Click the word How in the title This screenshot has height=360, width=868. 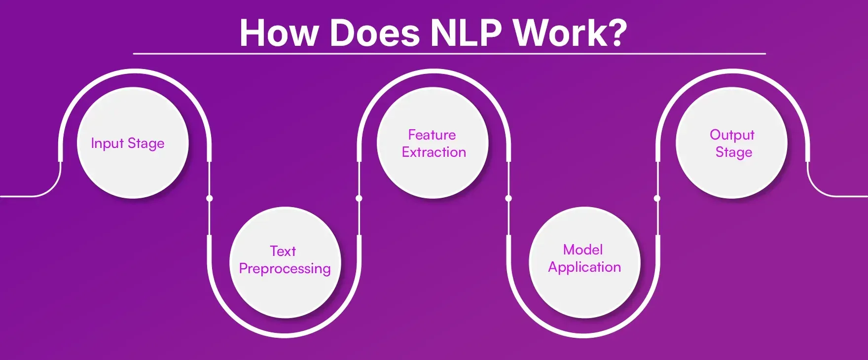[278, 33]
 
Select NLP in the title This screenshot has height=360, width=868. [466, 33]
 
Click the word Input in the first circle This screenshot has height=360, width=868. [107, 143]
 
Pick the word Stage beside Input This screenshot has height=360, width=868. [146, 144]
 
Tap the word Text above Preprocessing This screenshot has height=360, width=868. [283, 251]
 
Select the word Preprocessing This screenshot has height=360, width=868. [285, 269]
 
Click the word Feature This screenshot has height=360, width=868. [432, 135]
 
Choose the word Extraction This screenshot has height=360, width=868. [434, 152]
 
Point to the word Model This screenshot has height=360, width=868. [583, 250]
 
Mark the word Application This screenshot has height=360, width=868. [584, 267]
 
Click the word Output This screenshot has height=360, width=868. [732, 135]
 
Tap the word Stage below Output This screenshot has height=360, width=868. [734, 152]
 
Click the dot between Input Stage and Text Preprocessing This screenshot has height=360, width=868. [210, 198]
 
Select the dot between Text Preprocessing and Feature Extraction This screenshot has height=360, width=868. [359, 198]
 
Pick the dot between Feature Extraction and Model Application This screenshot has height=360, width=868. [508, 198]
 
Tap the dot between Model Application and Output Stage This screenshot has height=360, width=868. [657, 198]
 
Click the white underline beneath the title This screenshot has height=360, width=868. [449, 53]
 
